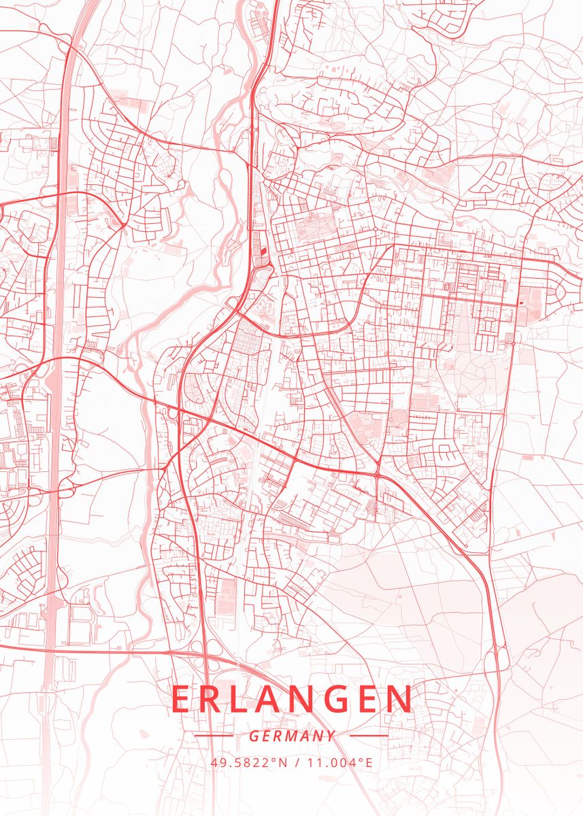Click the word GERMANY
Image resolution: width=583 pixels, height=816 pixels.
tap(292, 736)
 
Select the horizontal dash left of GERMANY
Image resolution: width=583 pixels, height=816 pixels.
tap(214, 736)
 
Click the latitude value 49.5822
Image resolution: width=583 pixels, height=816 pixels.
tap(244, 762)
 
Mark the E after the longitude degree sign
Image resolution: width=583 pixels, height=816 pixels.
tap(369, 762)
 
